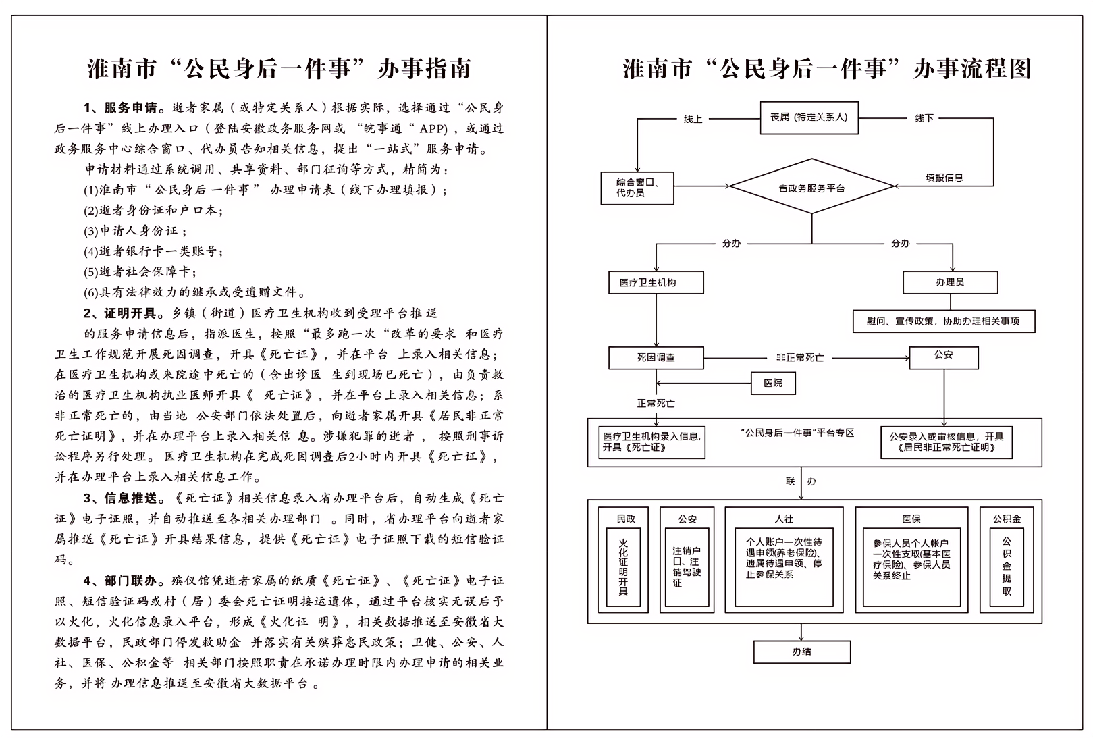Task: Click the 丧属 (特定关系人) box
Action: [809, 117]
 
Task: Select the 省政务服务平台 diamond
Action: [811, 186]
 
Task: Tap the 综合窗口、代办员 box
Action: [637, 188]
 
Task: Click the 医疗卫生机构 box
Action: [656, 283]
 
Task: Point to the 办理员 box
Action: [950, 283]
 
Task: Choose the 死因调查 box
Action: [656, 358]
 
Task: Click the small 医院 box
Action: [773, 383]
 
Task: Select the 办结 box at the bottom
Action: [802, 652]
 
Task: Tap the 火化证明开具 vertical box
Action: [623, 566]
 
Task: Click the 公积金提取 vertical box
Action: [1006, 566]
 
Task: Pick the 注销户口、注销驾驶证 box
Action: [687, 566]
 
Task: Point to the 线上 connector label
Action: [693, 119]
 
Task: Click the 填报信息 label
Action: [944, 178]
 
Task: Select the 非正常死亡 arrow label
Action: [800, 358]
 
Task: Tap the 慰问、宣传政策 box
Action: [944, 321]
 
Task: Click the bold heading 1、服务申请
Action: [121, 108]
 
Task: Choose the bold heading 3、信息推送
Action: [121, 498]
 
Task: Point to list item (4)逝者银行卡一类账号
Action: [153, 251]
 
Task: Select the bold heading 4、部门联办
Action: [121, 581]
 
